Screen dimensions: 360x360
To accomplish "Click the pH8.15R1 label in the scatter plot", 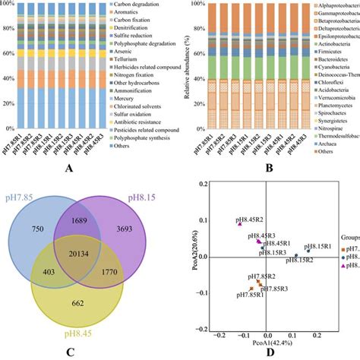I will point(321,247).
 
